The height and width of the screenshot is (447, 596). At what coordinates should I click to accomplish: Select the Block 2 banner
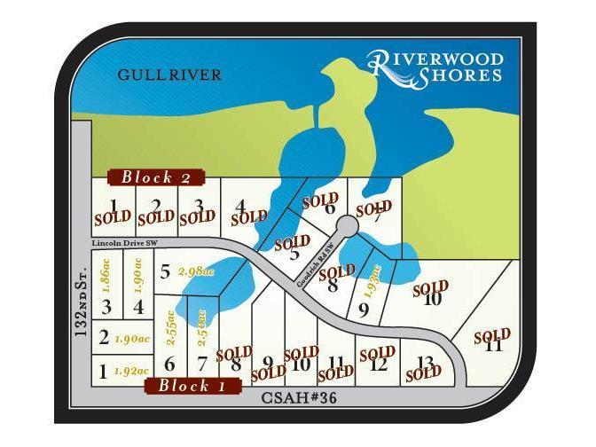[156, 177]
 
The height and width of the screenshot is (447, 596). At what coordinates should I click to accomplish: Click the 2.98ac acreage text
[196, 271]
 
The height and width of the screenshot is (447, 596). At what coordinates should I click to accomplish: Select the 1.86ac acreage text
[106, 275]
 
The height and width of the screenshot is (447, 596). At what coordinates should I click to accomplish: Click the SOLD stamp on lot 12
[377, 354]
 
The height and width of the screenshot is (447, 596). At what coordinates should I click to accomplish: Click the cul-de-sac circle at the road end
[348, 228]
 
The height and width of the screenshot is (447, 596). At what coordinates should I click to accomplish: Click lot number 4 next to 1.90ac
[138, 308]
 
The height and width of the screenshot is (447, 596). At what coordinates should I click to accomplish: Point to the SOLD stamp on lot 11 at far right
[491, 335]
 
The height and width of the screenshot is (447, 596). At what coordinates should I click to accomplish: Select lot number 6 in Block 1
[169, 363]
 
